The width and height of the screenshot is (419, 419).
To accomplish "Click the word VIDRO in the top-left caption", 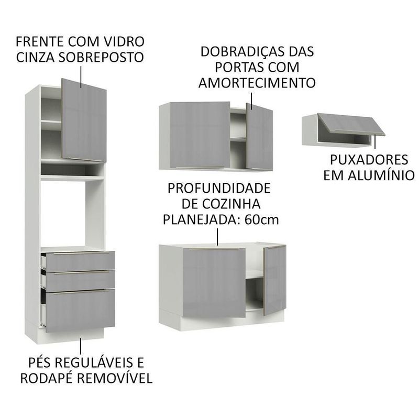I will coord(125,41).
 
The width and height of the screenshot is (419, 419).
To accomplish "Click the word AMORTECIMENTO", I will coord(257,83).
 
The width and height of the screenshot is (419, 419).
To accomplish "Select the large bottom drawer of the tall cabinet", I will coord(80,310).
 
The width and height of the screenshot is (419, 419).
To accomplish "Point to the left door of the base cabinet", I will coord(214,283).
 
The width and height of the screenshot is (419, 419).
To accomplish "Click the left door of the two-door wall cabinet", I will coord(200,135).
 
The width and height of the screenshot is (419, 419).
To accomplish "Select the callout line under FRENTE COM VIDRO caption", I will coord(81,76).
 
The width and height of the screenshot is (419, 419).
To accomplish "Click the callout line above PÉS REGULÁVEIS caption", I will coord(80,346).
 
